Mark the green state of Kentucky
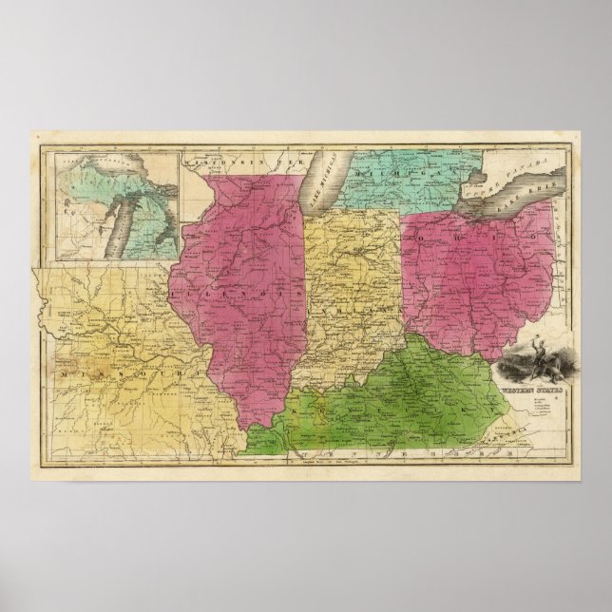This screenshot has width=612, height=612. (x=399, y=399)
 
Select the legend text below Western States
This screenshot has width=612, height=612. (x=525, y=404)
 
